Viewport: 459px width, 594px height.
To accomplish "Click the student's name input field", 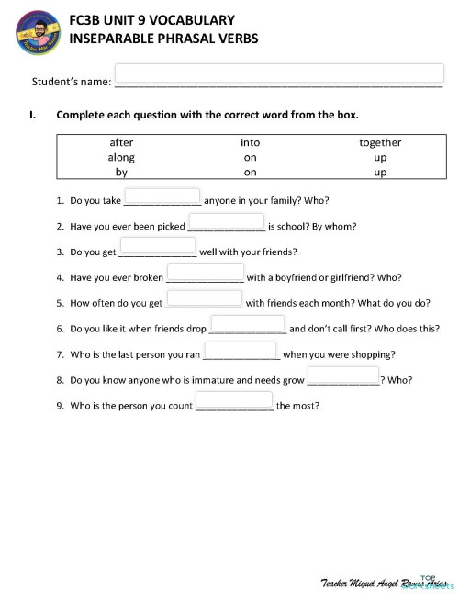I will tap(278, 73).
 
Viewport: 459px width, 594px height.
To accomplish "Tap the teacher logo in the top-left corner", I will tap(36, 35).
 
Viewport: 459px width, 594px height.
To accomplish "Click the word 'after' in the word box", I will tap(121, 142).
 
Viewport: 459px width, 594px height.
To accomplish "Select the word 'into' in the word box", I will tap(250, 142).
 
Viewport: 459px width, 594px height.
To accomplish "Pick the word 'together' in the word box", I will tap(380, 142).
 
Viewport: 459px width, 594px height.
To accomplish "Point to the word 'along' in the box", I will tap(121, 157).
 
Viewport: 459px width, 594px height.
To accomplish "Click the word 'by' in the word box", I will tap(121, 172).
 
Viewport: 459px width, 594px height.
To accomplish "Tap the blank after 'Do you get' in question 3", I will tap(157, 247).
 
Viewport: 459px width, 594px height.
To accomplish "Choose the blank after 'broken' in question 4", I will tap(205, 273).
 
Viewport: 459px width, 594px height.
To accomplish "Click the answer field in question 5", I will tap(204, 298).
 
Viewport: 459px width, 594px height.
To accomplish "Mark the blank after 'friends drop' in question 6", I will tap(248, 324).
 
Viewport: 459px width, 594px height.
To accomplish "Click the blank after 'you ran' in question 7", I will tap(241, 350).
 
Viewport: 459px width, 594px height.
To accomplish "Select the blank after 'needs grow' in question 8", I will tap(342, 375).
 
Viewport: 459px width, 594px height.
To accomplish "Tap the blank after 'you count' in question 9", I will tap(234, 400).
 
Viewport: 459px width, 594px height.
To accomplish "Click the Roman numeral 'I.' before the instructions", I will tap(34, 116).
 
